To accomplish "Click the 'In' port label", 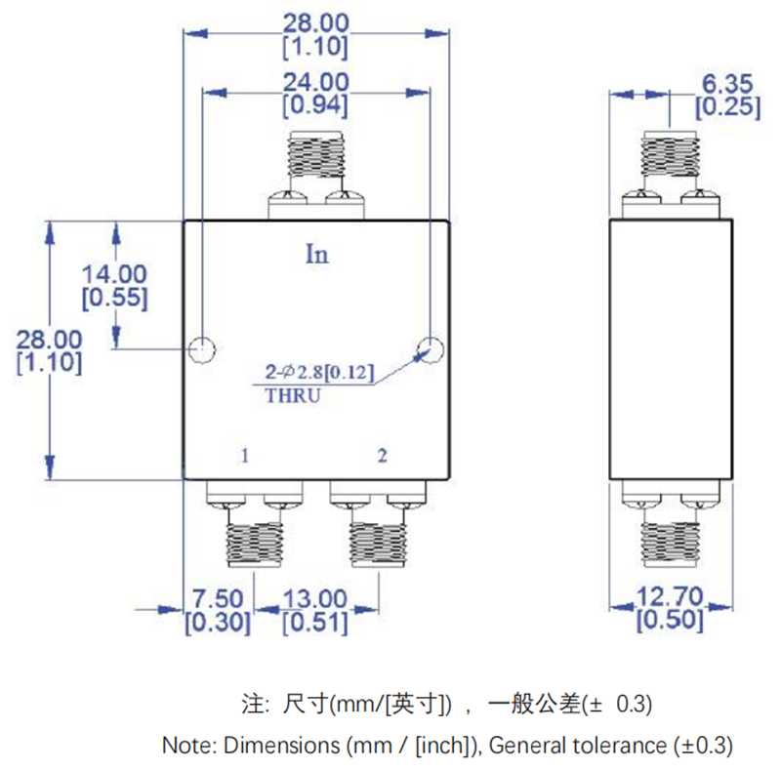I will click(x=317, y=255).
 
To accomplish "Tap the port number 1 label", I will click(x=246, y=455).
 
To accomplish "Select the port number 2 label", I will click(x=383, y=455).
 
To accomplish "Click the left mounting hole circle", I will click(x=202, y=348).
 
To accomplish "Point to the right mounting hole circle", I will click(x=430, y=348).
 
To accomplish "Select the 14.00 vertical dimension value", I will click(x=115, y=276).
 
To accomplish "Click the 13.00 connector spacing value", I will click(x=315, y=598).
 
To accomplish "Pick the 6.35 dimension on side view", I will click(x=727, y=85).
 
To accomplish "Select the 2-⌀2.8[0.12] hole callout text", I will click(x=319, y=373).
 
